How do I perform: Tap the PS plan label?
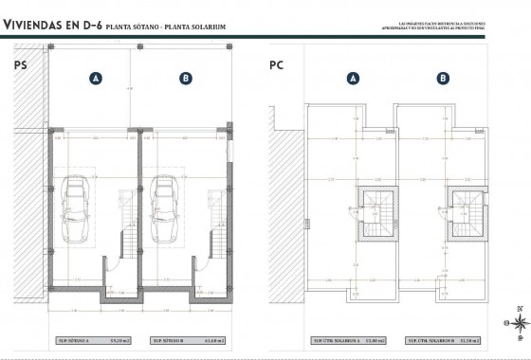[x=20, y=65]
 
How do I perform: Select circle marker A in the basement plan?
[x=96, y=80]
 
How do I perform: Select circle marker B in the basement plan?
[x=185, y=80]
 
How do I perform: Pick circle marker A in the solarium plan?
[x=354, y=80]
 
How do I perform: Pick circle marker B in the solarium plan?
[x=442, y=80]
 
